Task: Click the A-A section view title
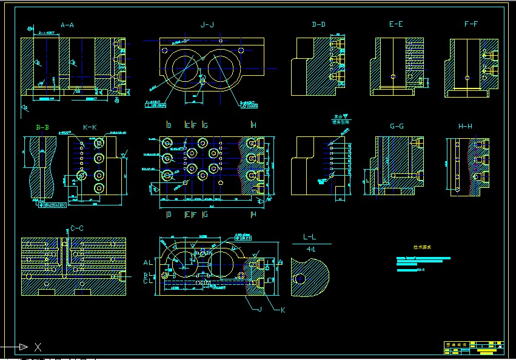pos(67,25)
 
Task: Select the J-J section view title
pos(207,25)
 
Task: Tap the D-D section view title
pos(318,25)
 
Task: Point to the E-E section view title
pos(396,25)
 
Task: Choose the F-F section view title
pos(471,25)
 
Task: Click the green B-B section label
pos(42,127)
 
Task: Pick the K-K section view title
pos(90,127)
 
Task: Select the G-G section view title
pos(397,127)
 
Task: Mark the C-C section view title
pos(77,228)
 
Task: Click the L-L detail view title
pos(310,238)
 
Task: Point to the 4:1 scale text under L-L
pos(311,249)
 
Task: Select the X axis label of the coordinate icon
pos(38,347)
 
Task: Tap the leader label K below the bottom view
pos(282,310)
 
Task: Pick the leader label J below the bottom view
pos(259,310)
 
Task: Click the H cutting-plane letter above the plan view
pos(253,125)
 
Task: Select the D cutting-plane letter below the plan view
pos(169,215)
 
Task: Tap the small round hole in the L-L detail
pos(300,279)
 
